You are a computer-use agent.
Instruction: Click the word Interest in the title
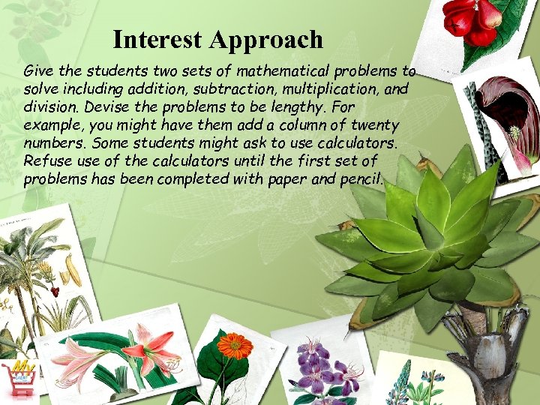[x=158, y=39]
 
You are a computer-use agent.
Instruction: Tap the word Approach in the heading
[x=267, y=39]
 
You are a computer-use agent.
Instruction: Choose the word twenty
[x=373, y=124]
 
